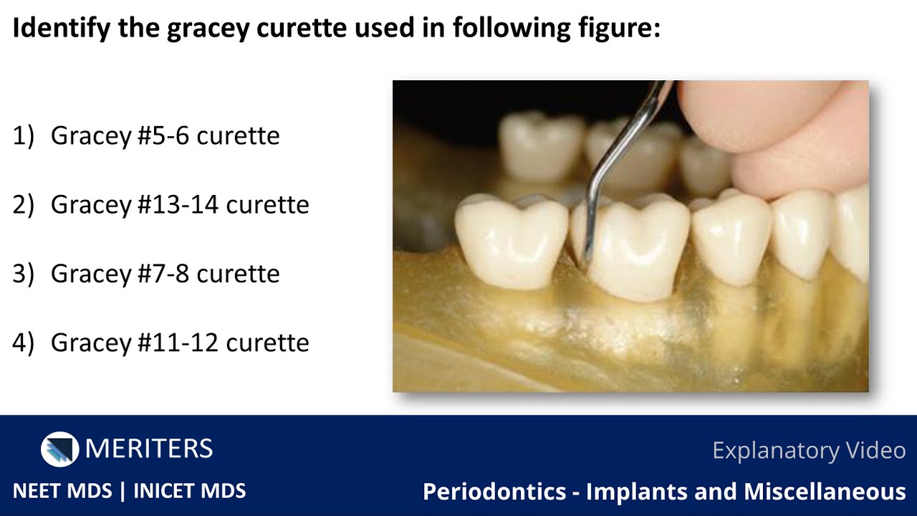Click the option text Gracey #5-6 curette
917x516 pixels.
(165, 135)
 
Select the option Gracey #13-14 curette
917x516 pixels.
(180, 204)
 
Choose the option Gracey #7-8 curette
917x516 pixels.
(165, 273)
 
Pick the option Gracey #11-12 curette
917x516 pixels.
(180, 342)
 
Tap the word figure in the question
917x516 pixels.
(615, 29)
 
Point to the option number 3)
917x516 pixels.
(23, 273)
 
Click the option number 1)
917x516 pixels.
(23, 135)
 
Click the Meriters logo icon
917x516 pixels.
(59, 449)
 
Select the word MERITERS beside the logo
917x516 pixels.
(149, 449)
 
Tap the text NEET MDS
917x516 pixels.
(62, 491)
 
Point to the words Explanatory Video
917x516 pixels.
(809, 450)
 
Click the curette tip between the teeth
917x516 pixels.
(586, 258)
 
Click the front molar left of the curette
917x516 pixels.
(510, 244)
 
